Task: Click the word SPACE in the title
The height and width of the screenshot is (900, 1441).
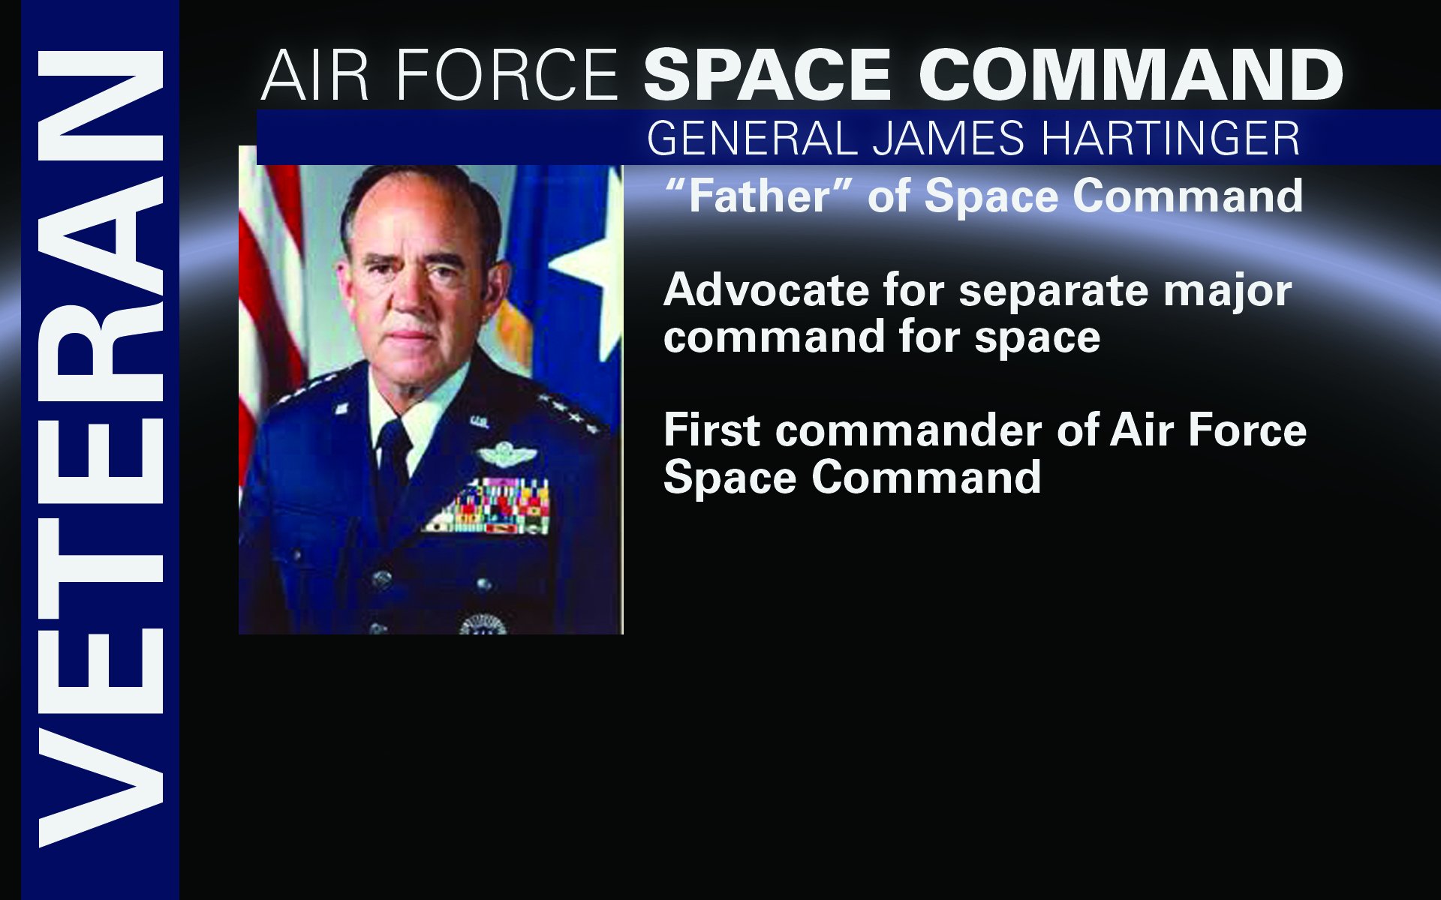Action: tap(767, 75)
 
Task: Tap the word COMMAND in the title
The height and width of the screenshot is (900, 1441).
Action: tap(1131, 75)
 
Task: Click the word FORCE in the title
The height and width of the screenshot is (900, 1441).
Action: tap(507, 75)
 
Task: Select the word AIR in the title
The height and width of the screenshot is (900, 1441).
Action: tap(315, 75)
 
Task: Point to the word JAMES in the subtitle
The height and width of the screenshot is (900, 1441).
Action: tap(948, 139)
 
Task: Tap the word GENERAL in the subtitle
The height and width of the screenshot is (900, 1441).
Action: tap(751, 139)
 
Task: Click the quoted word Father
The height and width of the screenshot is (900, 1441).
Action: tap(759, 196)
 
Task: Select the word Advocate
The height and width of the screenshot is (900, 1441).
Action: tap(766, 290)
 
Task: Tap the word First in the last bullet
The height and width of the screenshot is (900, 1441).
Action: tap(712, 430)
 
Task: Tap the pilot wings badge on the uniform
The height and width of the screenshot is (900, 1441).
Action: tap(507, 454)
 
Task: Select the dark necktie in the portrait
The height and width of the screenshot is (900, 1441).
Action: tap(394, 457)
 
